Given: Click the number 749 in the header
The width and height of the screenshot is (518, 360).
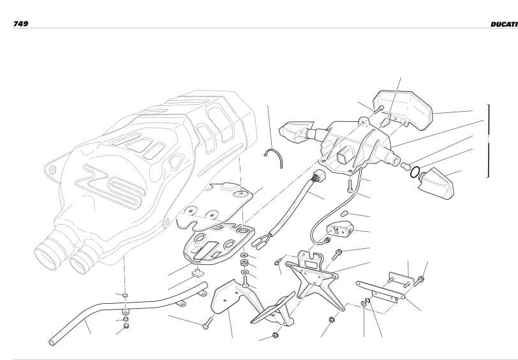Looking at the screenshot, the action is coord(20,24).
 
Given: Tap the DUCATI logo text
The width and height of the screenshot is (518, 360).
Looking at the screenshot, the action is coord(504,24).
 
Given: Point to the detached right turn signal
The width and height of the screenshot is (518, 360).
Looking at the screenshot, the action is coord(436,183).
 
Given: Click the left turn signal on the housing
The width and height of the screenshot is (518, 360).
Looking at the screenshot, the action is coord(297,131).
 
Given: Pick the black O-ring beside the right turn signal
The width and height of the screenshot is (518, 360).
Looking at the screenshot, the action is coord(415,172).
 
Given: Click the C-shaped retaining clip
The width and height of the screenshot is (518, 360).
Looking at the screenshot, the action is coord(274,158).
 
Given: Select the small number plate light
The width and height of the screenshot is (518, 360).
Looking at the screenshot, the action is coord(339,229).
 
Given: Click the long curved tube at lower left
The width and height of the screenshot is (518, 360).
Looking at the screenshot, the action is coord(126,311).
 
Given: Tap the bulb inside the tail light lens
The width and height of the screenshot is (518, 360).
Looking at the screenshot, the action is coord(385,123).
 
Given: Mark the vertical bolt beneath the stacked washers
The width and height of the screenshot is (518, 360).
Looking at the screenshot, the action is coord(245,282).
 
